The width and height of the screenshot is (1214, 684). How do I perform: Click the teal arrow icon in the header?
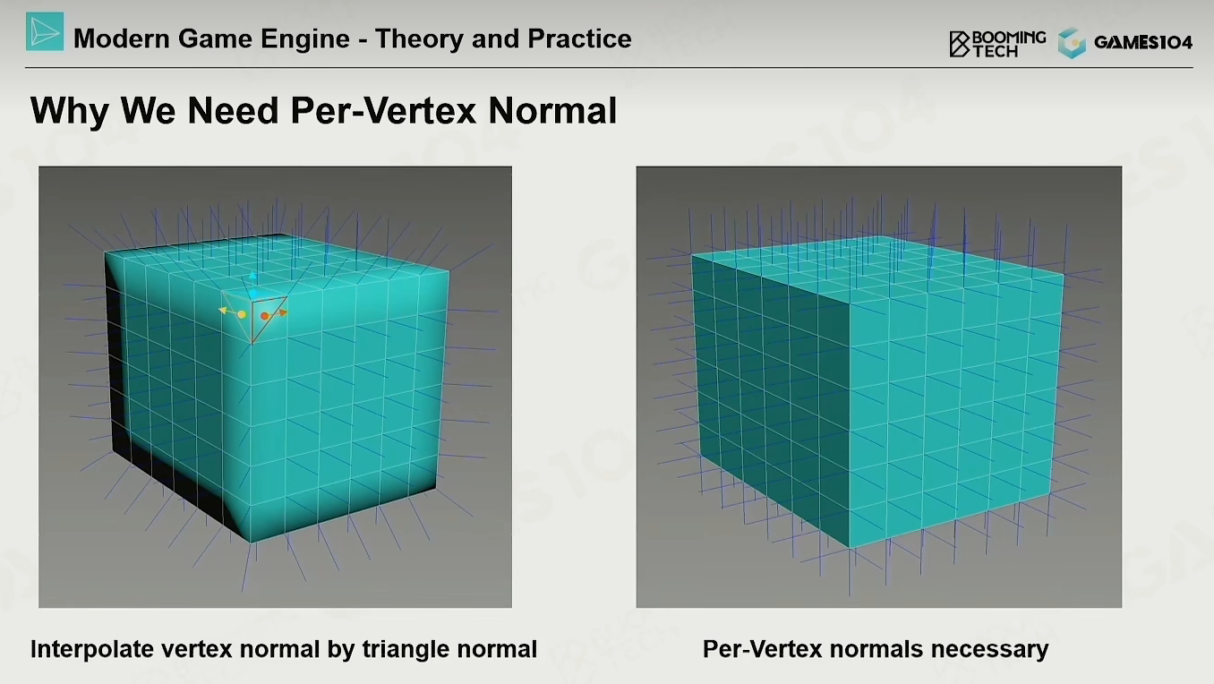click(x=45, y=32)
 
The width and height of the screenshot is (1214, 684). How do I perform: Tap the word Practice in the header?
click(x=579, y=38)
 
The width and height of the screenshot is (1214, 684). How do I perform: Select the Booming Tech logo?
click(x=997, y=44)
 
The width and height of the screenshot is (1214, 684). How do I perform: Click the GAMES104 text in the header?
click(x=1143, y=42)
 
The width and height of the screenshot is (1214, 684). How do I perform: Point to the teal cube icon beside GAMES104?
click(x=1072, y=43)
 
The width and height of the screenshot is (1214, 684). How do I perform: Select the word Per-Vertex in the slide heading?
click(x=383, y=110)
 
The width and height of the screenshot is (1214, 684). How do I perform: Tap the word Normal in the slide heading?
click(x=552, y=110)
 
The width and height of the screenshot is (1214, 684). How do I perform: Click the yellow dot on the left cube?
click(x=242, y=314)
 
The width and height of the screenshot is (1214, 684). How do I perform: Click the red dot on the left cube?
click(x=264, y=316)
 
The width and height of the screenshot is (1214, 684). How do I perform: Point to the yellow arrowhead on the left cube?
click(x=222, y=310)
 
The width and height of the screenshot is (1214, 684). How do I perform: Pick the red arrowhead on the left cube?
click(x=284, y=312)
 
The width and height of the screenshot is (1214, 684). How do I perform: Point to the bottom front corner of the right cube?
click(x=850, y=548)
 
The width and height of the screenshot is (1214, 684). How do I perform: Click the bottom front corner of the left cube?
click(x=251, y=542)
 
